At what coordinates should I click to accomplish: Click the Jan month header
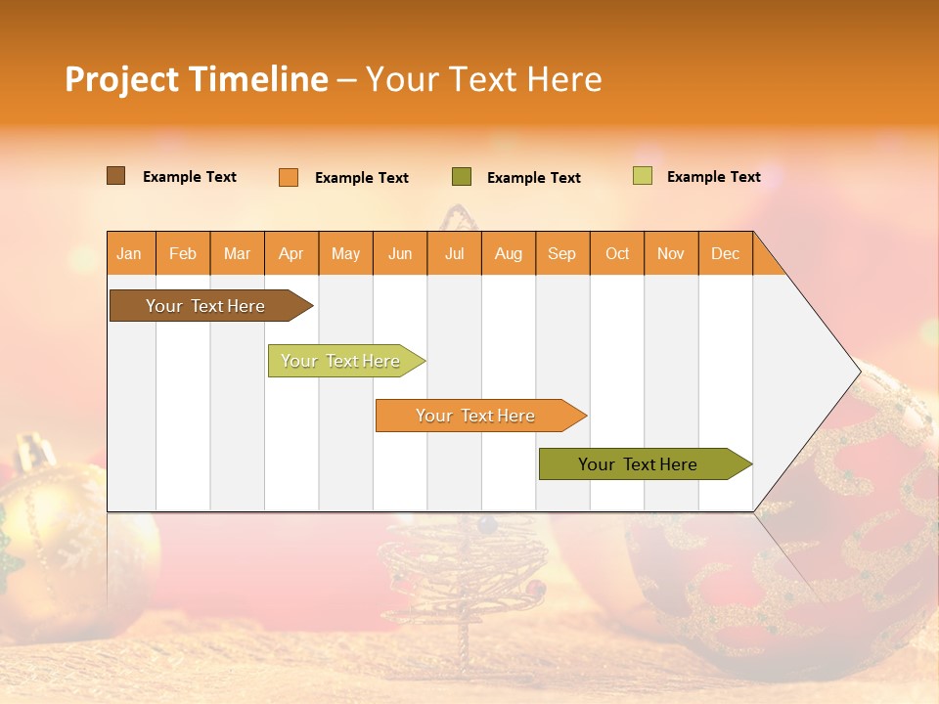(x=130, y=253)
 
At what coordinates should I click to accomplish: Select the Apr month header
(x=291, y=253)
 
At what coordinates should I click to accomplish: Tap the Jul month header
(x=454, y=253)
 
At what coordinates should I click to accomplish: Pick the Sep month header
(x=561, y=253)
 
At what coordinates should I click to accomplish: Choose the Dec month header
(x=725, y=253)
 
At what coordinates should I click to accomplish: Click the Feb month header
(x=183, y=253)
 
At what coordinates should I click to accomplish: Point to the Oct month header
(x=617, y=253)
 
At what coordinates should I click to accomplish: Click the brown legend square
(x=116, y=176)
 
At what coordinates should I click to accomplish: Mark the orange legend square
(x=289, y=177)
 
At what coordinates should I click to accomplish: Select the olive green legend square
(x=462, y=177)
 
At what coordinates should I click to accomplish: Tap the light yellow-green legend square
(x=643, y=176)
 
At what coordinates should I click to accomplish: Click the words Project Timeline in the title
(x=197, y=79)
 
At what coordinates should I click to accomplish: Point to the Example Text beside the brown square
(x=190, y=177)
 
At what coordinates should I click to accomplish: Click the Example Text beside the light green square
(x=713, y=177)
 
